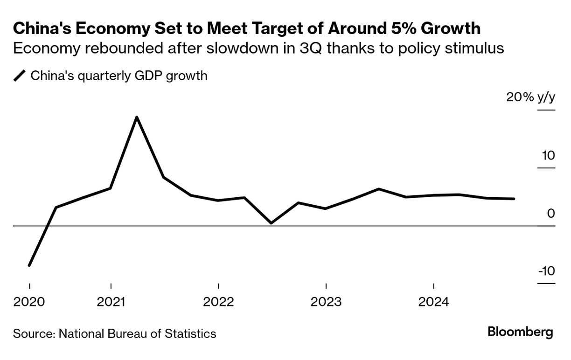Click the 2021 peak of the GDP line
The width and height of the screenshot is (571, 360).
click(136, 117)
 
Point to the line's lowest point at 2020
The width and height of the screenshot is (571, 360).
click(29, 265)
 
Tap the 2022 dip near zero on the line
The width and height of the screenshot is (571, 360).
click(272, 223)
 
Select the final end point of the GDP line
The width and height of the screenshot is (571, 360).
click(514, 199)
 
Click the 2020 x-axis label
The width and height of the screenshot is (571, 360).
click(29, 302)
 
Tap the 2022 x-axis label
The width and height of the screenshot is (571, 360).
click(219, 302)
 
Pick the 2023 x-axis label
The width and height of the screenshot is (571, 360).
click(326, 302)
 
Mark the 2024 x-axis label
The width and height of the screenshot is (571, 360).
click(434, 302)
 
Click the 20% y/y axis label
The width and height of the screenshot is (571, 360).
click(530, 97)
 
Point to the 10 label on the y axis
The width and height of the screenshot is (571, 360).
click(548, 155)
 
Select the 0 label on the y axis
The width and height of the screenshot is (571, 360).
click(551, 214)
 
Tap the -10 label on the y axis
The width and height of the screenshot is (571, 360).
click(546, 271)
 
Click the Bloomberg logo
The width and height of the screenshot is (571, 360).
click(520, 332)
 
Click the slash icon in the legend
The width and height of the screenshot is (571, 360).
click(20, 76)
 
